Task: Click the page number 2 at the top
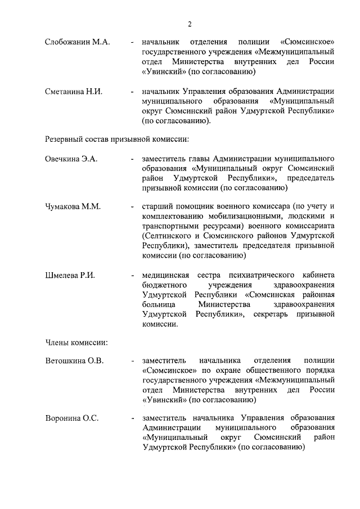[190, 24]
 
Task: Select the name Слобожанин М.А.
[77, 42]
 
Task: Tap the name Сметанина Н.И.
[74, 92]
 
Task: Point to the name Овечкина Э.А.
[71, 159]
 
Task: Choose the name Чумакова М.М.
[73, 206]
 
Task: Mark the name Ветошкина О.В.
[74, 361]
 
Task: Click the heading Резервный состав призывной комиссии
[116, 138]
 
